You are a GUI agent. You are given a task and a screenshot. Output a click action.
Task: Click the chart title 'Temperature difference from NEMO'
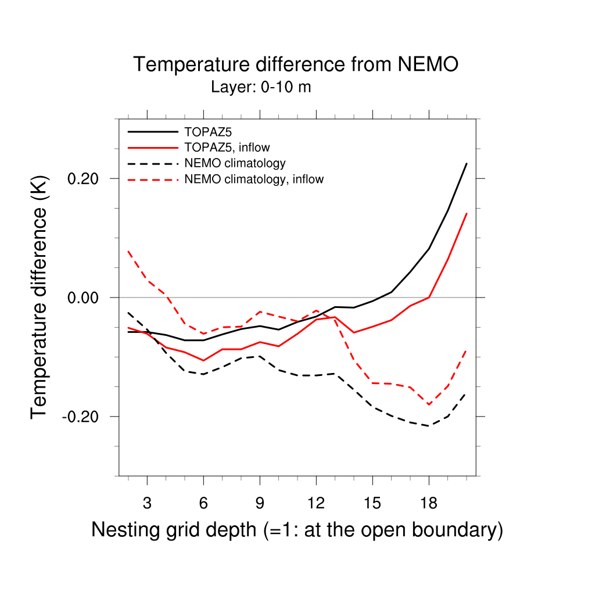(296, 64)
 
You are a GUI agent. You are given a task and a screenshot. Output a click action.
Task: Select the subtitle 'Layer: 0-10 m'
(261, 88)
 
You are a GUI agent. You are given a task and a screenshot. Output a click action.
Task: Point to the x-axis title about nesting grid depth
(297, 529)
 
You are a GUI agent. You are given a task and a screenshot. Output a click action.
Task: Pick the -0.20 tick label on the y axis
(82, 417)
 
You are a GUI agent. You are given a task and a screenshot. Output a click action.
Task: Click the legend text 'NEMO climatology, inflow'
(254, 179)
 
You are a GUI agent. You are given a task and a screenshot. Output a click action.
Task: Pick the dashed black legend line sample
(153, 163)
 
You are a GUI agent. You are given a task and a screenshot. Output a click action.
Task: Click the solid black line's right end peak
(467, 164)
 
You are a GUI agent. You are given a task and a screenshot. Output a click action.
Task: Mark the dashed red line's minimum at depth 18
(429, 404)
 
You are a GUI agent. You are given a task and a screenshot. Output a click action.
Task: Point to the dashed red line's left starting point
(128, 251)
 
